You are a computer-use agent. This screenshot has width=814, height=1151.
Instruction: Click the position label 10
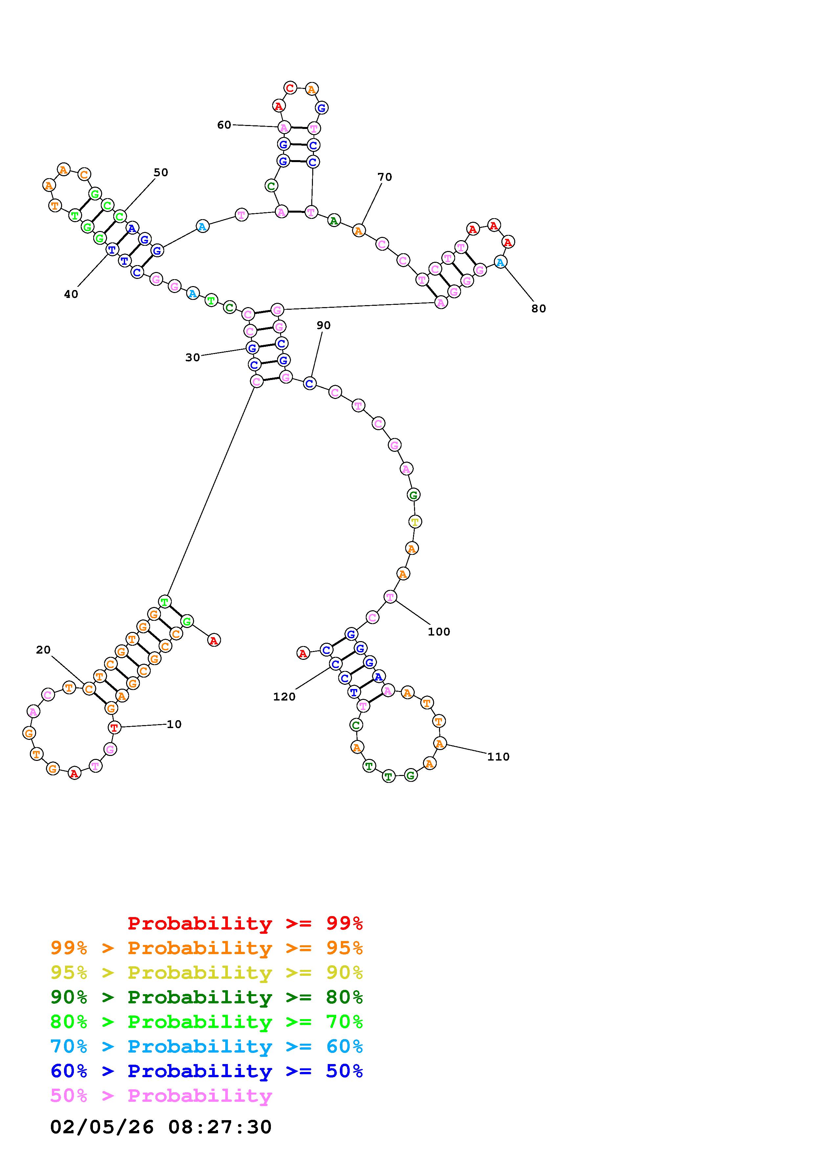174,724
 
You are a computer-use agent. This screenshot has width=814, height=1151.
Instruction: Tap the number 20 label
43,650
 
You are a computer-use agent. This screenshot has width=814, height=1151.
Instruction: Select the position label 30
193,357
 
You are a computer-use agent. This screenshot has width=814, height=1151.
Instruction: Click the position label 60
224,125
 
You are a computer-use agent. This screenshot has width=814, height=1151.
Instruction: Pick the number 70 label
385,177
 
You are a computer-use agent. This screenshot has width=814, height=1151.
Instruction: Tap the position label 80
539,309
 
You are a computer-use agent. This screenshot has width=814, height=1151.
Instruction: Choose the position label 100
439,632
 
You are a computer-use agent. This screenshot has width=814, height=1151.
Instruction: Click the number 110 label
498,757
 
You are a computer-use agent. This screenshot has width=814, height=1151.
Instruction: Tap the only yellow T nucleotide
415,522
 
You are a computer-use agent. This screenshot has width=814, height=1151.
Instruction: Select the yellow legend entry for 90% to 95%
207,973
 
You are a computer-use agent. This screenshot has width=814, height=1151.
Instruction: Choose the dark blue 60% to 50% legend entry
207,1071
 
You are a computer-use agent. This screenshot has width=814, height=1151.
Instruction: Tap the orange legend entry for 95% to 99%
207,948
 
